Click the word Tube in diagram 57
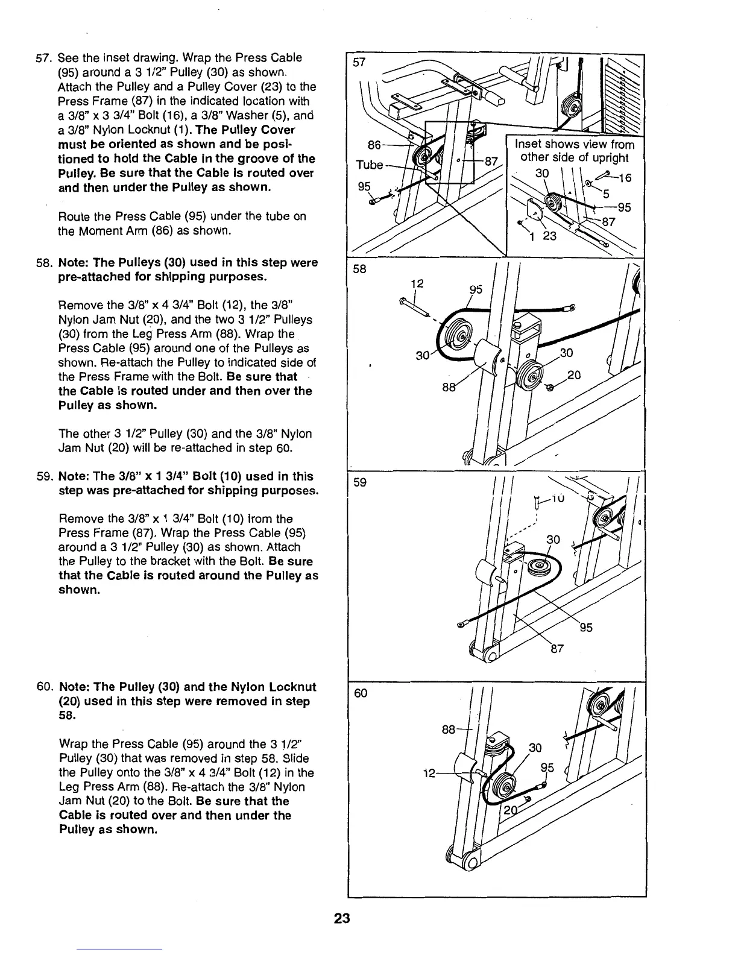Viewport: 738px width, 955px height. [369, 165]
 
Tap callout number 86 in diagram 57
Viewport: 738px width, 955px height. [374, 145]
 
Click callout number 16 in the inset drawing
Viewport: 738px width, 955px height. [624, 178]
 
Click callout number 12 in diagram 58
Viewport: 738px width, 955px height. [415, 284]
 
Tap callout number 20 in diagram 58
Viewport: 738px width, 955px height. [573, 376]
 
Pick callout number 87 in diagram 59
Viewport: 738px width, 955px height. [557, 649]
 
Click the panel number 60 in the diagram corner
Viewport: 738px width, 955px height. [361, 693]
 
